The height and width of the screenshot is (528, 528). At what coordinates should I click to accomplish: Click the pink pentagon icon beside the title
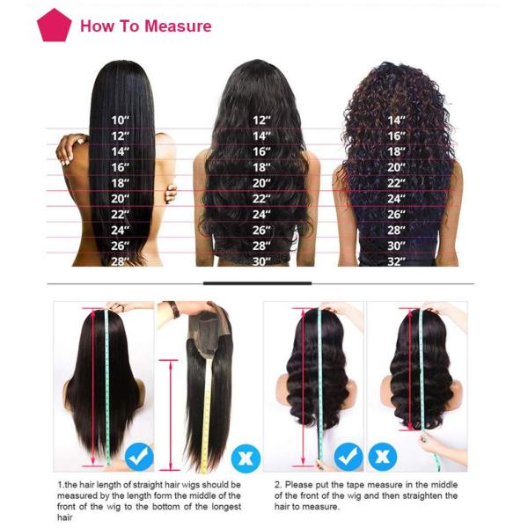[x=54, y=26]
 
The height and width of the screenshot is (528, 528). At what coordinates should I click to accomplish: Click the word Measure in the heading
[x=178, y=26]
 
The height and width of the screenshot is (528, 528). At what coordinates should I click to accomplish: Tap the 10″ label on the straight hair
[x=121, y=120]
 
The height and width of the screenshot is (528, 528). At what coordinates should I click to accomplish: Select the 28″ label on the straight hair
[x=121, y=261]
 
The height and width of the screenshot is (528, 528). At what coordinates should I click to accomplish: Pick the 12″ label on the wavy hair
[x=261, y=120]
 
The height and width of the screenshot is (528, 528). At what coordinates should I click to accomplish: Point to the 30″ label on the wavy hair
[x=261, y=261]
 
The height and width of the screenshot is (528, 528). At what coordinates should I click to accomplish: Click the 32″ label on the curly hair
[x=396, y=261]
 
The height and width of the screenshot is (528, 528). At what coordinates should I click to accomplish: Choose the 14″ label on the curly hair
[x=396, y=120]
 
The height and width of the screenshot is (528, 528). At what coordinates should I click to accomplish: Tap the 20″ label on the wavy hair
[x=261, y=183]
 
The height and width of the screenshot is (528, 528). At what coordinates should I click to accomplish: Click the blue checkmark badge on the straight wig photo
[x=139, y=457]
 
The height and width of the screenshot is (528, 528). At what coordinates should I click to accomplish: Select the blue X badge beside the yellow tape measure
[x=246, y=458]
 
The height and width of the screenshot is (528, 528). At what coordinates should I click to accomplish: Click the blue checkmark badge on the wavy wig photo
[x=348, y=457]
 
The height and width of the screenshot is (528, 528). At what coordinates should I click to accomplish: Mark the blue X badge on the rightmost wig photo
[x=383, y=457]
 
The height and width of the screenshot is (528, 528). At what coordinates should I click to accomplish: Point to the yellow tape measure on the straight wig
[x=205, y=414]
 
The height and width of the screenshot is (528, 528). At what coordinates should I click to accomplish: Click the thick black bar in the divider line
[x=257, y=283]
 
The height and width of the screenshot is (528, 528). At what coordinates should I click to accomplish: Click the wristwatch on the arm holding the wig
[x=174, y=310]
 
